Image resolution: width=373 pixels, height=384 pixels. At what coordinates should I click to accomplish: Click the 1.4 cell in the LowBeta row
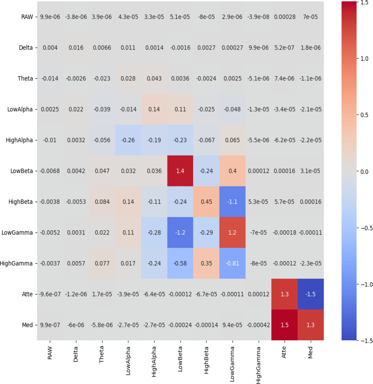coord(180,171)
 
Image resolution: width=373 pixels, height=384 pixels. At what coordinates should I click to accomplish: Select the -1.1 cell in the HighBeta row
coord(232,202)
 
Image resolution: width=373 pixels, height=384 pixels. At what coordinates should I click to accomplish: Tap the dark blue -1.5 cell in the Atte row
coord(310,294)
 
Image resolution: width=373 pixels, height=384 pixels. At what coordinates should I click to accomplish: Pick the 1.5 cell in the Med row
coord(284,325)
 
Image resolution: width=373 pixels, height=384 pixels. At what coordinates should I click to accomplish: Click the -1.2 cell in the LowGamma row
coord(180,233)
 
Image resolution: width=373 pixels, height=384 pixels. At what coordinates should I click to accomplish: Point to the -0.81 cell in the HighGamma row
coord(232,263)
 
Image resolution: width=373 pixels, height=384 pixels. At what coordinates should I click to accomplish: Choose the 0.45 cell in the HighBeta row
coord(206,202)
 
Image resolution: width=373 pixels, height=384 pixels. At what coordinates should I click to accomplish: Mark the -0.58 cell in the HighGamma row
coord(180,263)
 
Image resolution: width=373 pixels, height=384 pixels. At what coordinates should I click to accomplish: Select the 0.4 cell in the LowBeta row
coord(232,171)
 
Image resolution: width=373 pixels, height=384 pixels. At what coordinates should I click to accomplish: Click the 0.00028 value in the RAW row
coord(284,17)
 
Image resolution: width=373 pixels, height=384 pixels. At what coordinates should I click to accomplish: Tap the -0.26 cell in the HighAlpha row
coord(128,140)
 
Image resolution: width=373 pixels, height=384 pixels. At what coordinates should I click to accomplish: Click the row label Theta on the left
coord(25,78)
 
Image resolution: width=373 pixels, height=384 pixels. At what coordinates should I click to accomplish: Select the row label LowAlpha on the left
coord(20,109)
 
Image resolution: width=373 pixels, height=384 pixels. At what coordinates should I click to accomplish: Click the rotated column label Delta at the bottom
coord(76,354)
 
